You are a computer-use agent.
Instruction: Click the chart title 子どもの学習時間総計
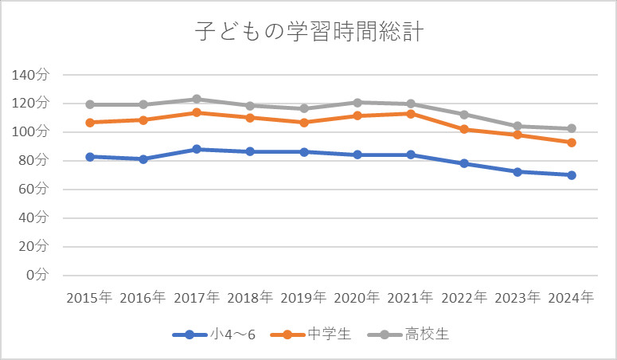[308, 32]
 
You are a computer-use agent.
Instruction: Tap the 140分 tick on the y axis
[31, 75]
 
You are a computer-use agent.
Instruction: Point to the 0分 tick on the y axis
[37, 275]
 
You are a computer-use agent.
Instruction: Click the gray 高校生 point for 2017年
[197, 99]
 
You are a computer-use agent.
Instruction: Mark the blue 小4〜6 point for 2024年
[571, 175]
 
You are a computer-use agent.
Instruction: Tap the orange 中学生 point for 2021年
[411, 113]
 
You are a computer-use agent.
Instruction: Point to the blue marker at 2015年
[90, 157]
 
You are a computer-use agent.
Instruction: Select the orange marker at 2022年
[464, 129]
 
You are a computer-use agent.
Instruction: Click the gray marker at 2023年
[517, 126]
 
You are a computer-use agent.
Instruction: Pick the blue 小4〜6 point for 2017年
[197, 149]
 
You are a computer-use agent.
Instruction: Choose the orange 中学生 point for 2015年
[90, 123]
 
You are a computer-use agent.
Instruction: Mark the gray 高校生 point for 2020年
[357, 102]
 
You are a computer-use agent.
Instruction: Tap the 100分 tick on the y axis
[31, 131]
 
